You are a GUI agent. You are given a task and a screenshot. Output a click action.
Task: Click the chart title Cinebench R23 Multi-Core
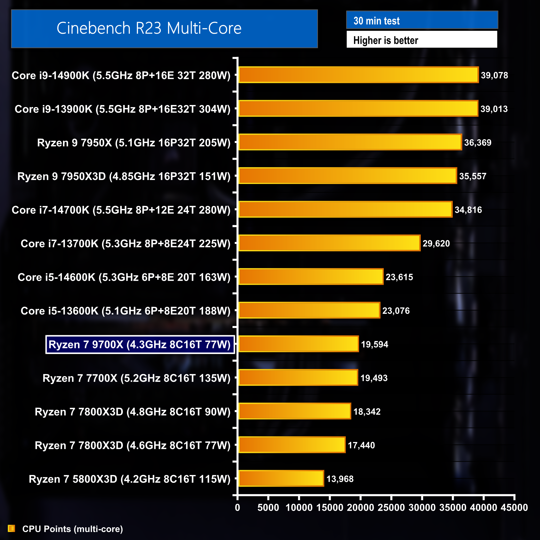(149, 28)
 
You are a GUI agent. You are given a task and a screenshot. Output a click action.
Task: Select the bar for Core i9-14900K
(358, 75)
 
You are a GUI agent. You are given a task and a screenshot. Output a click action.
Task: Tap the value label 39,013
(494, 109)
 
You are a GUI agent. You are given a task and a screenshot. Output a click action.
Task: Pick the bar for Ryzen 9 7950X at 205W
(350, 142)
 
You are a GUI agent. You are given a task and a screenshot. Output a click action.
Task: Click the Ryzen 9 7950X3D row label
(124, 176)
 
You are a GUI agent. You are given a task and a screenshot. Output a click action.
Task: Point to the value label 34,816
(468, 210)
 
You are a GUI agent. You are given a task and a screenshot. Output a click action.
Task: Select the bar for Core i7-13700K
(329, 243)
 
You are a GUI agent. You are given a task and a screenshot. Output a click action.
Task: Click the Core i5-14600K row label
(124, 277)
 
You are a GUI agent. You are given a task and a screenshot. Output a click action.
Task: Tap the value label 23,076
(396, 311)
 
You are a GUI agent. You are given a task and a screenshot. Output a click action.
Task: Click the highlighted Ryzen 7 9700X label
(139, 344)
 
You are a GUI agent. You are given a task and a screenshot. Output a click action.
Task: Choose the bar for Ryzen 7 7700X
(298, 377)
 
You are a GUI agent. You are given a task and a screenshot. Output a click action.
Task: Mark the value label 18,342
(367, 411)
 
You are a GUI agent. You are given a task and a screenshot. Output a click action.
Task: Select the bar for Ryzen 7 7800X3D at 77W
(292, 445)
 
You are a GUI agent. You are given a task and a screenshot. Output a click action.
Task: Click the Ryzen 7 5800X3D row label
(129, 479)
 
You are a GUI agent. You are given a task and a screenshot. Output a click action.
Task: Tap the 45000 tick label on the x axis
(514, 507)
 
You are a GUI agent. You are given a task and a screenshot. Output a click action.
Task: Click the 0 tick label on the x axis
(237, 507)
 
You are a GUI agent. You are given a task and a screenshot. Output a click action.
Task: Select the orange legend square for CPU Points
(11, 528)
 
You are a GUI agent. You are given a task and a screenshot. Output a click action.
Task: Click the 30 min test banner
(422, 20)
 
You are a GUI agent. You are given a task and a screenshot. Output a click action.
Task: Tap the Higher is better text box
(421, 40)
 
